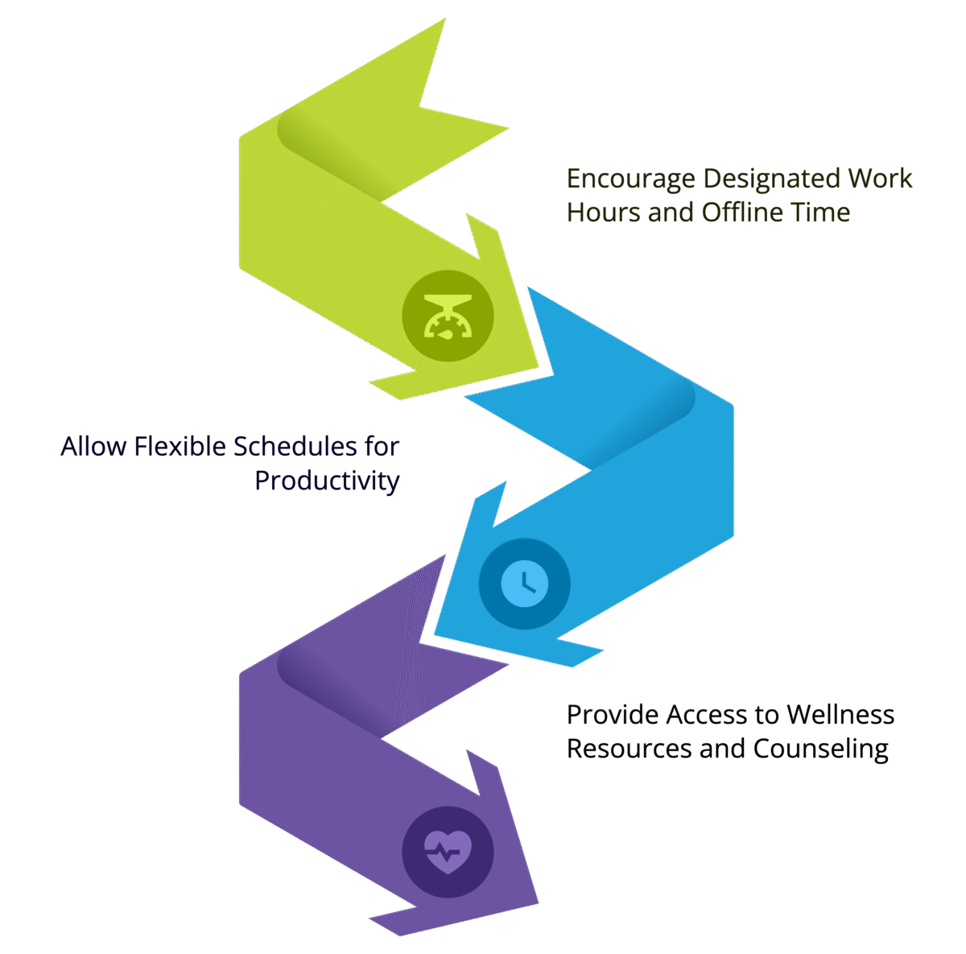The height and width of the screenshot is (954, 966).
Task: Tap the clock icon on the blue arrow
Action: [524, 584]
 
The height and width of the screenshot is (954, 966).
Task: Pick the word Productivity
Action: [327, 481]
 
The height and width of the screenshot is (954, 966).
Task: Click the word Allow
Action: [93, 446]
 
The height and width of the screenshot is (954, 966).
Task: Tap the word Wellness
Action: [840, 714]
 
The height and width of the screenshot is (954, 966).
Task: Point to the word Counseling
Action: [820, 749]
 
